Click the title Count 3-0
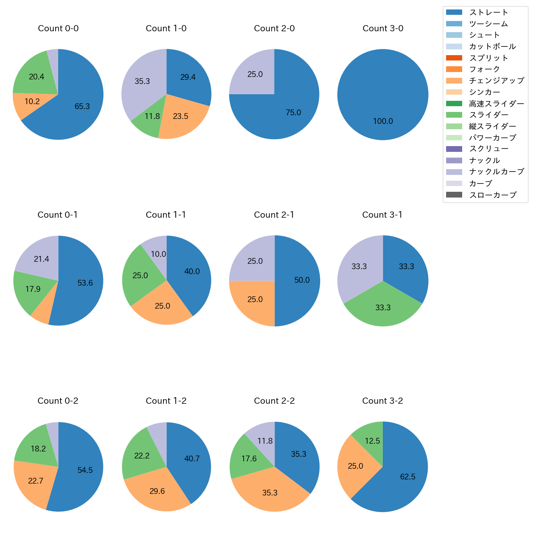coord(383,28)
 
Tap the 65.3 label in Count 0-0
coord(82,106)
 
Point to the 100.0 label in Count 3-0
coord(383,121)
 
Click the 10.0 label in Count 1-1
coord(158,254)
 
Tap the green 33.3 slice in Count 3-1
coord(383,309)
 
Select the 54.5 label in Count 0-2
coord(85,470)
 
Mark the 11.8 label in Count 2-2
coord(265,441)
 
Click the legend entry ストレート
coord(488,12)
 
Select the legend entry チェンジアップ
coord(496,81)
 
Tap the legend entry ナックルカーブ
coord(496,172)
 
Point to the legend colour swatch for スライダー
coord(454,115)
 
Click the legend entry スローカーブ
coord(493,195)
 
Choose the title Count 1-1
coord(166,215)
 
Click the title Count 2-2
coord(274,401)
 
